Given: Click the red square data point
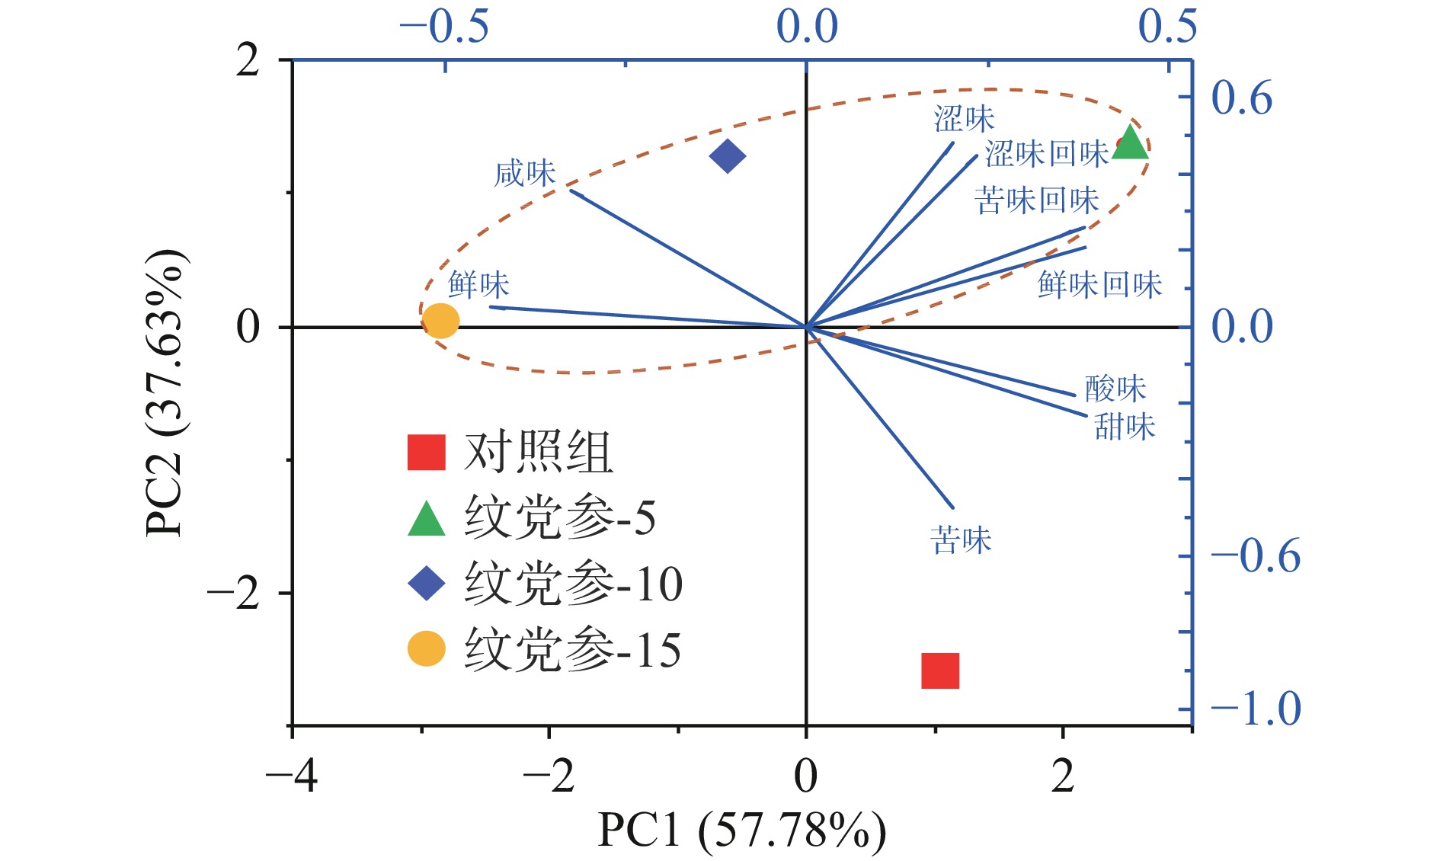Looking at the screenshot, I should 939,671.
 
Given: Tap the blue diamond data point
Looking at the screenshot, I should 728,156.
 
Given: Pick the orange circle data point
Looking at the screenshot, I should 441,321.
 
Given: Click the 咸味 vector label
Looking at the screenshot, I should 525,174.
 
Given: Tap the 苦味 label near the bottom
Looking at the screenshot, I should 961,541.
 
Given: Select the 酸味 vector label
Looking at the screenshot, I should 1115,389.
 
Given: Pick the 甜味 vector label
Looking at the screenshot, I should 1125,427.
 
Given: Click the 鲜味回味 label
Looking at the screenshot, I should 1099,285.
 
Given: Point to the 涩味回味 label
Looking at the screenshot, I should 1046,154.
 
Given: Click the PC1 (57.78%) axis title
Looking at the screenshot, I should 741,830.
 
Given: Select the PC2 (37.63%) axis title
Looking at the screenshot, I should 165,393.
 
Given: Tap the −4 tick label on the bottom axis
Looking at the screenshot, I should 291,777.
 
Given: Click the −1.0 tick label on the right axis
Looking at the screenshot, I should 1255,709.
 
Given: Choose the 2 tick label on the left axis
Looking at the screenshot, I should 248,60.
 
